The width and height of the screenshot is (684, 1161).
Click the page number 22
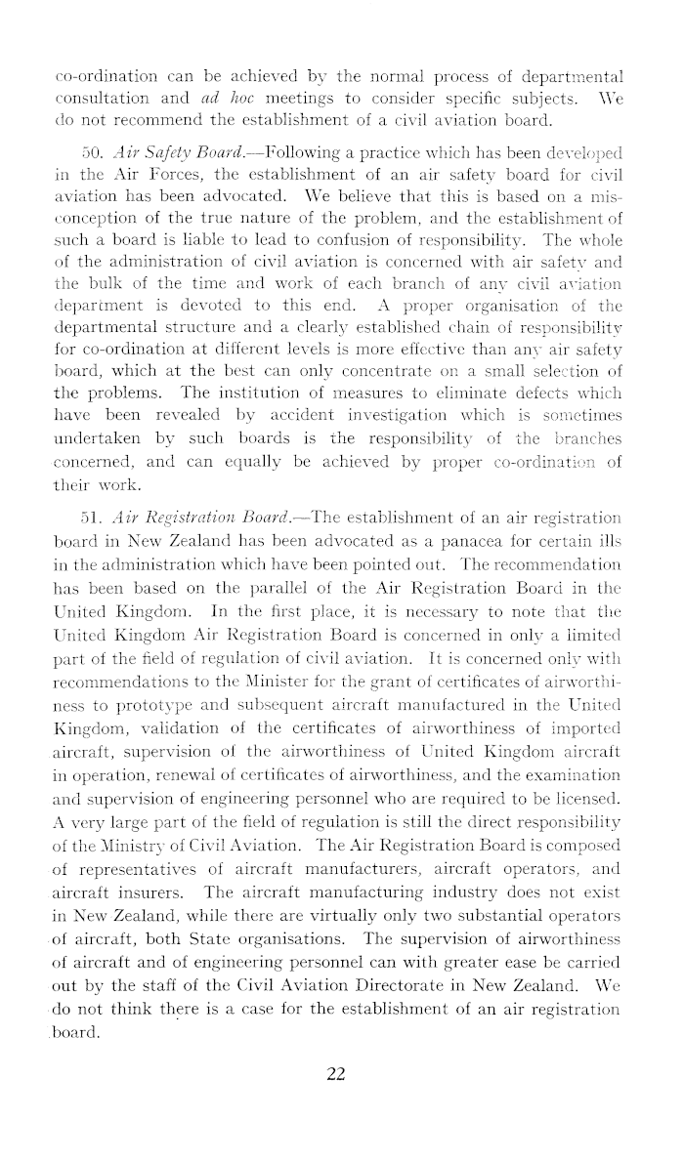336,1074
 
